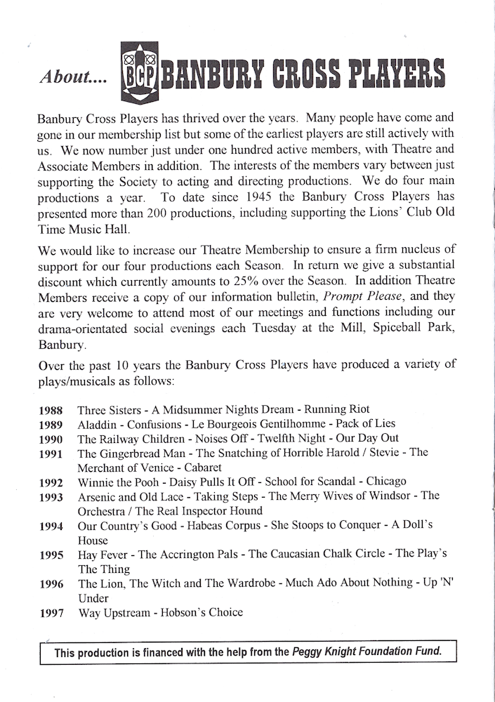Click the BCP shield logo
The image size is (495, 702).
(140, 72)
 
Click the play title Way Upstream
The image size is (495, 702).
(114, 612)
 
